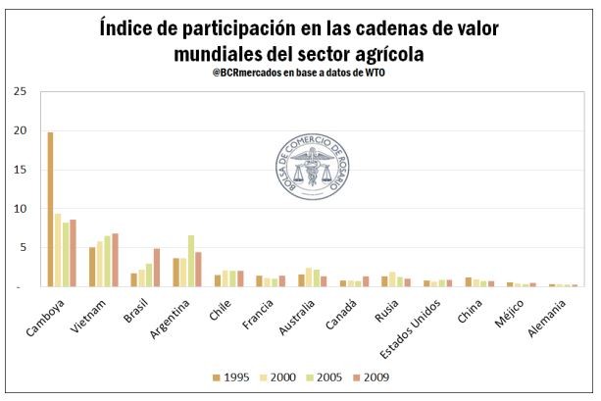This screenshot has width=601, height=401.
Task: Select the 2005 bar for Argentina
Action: pyautogui.click(x=191, y=261)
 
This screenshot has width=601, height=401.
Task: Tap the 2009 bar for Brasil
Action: pyautogui.click(x=156, y=268)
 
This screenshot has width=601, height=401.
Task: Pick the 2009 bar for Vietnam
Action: pyautogui.click(x=115, y=260)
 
